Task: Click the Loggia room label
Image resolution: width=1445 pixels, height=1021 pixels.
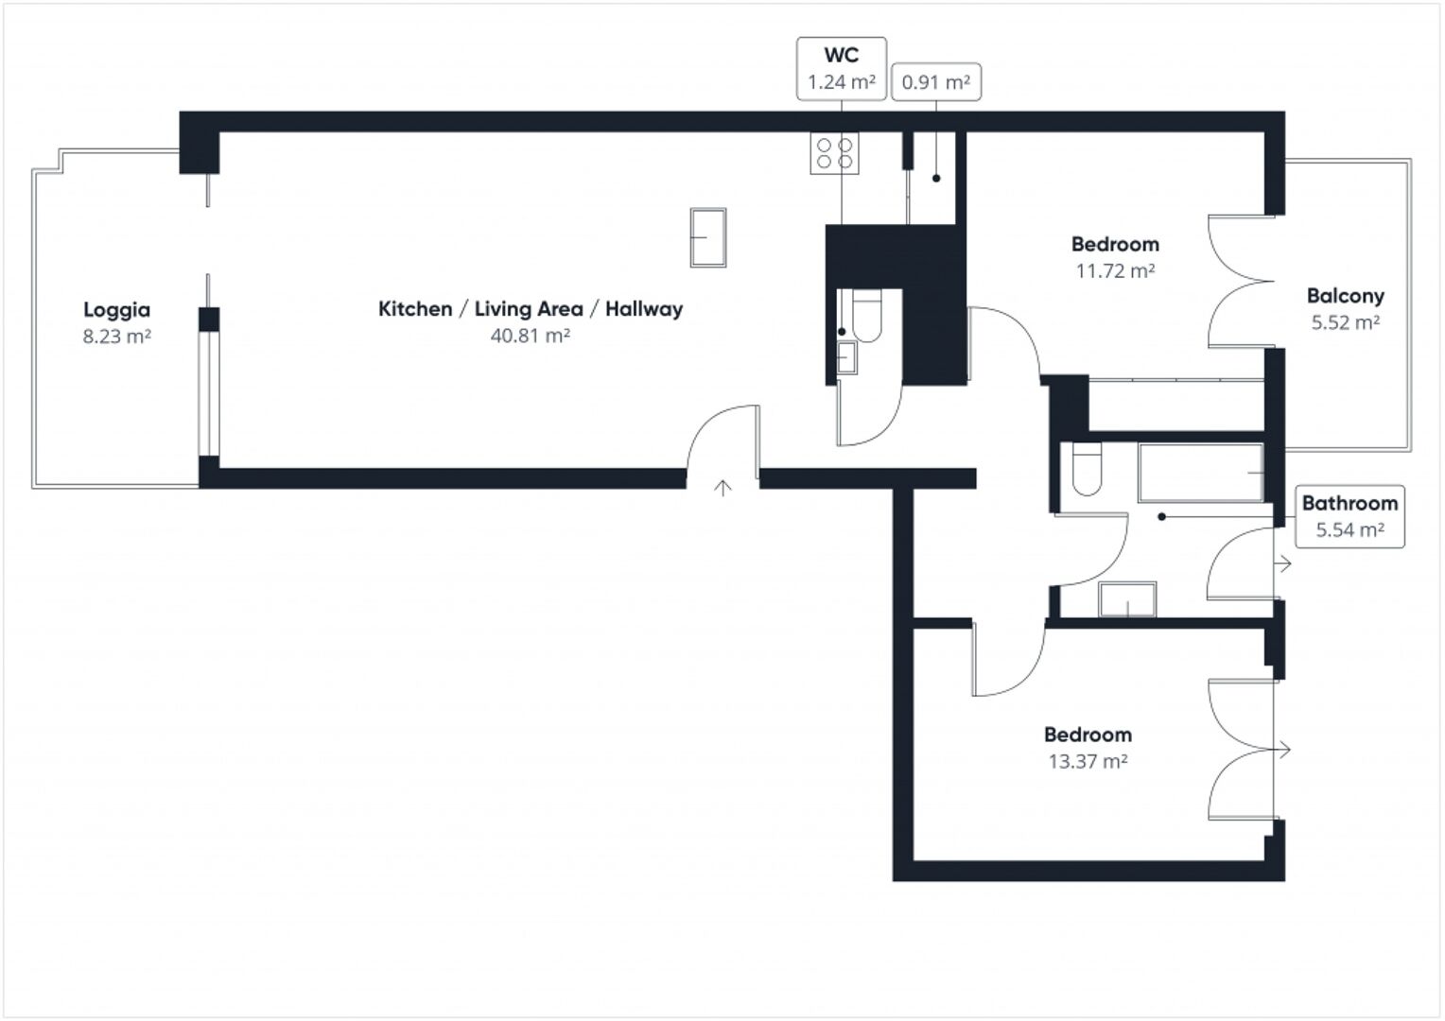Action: coord(116,309)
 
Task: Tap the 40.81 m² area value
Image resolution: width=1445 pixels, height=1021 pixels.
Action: coord(530,336)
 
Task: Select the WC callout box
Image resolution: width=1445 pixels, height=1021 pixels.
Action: coord(841,68)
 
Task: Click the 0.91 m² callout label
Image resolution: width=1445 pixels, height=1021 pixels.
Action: coord(935,82)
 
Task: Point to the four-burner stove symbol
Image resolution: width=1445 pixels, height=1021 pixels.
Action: coord(834,153)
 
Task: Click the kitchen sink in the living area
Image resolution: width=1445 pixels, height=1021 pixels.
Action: coord(708,237)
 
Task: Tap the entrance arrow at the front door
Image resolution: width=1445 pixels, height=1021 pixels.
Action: coord(722,488)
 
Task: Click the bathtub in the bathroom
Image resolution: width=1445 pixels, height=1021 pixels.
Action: coord(1201,472)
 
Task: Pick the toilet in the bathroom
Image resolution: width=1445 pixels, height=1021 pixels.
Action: coord(1088,470)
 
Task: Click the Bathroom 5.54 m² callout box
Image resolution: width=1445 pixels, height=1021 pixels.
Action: coord(1349,516)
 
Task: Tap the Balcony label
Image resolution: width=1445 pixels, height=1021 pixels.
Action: coord(1345,296)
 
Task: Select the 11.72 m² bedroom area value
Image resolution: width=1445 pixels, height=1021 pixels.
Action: coord(1115,271)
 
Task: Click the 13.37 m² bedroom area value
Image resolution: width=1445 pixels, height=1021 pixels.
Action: coord(1088,761)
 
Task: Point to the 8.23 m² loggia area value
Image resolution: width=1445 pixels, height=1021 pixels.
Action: coord(116,337)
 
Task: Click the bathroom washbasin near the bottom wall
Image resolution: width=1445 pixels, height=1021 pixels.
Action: coord(1127,599)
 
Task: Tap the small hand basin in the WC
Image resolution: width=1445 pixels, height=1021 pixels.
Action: coord(846,356)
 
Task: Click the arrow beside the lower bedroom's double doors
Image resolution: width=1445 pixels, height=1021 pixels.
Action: coord(1282,750)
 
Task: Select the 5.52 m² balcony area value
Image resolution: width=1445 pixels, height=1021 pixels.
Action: coord(1345,322)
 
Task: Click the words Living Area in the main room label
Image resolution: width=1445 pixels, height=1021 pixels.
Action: coord(528,309)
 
